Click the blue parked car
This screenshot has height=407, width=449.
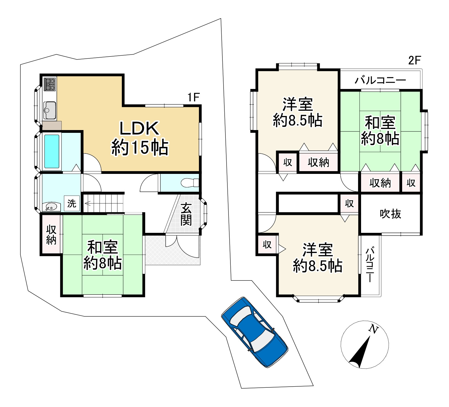(x=254, y=332)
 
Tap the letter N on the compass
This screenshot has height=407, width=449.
(x=373, y=329)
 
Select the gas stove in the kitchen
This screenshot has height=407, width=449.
(x=50, y=84)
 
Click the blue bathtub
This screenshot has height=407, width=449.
(x=52, y=151)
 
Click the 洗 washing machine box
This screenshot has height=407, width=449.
(x=72, y=203)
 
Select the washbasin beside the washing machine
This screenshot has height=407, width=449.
(x=52, y=207)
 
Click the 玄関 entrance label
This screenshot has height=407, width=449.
(x=186, y=214)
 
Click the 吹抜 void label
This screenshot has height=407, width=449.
(x=391, y=214)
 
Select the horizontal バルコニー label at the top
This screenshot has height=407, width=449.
(x=380, y=80)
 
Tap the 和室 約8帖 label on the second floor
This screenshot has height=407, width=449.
(x=380, y=131)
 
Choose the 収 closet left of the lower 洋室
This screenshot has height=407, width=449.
(x=267, y=244)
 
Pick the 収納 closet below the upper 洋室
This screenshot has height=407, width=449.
(x=318, y=162)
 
